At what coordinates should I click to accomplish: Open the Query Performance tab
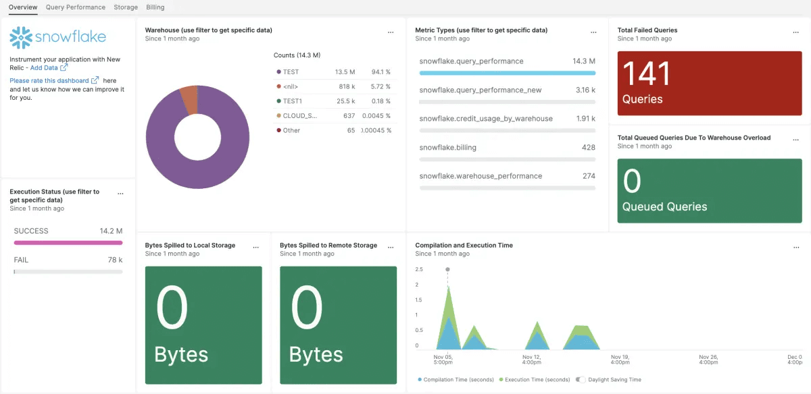point(76,7)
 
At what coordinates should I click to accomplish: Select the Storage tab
point(126,7)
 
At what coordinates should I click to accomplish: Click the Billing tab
point(155,7)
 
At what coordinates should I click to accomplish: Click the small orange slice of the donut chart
point(188,101)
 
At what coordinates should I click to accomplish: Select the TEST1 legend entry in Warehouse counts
point(292,101)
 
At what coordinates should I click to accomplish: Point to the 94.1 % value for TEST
point(381,72)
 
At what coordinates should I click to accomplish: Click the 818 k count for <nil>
point(347,86)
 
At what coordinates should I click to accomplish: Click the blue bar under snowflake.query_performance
point(507,73)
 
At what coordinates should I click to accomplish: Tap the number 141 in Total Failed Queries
point(646,74)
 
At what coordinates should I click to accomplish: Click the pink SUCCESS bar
point(68,242)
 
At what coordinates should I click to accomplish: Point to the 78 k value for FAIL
point(115,260)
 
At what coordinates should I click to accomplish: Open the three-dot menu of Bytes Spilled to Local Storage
point(255,247)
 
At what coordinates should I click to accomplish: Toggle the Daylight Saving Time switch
point(581,380)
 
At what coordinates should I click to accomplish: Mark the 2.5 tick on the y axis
point(419,270)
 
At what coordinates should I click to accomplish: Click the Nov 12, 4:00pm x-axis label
point(532,360)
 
